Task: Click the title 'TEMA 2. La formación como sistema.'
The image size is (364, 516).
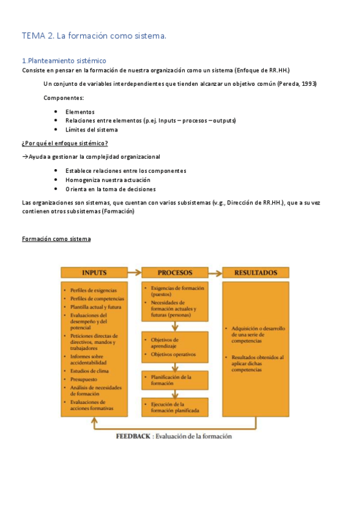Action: (x=94, y=37)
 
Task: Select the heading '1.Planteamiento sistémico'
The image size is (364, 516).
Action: (x=64, y=61)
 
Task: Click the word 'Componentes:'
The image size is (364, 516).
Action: (x=64, y=98)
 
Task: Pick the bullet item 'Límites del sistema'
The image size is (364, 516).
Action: (x=91, y=130)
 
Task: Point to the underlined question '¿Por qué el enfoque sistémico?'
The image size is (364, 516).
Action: (x=65, y=144)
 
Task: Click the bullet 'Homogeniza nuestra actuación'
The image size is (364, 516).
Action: (x=108, y=180)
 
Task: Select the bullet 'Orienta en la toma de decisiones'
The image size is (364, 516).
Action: (x=110, y=189)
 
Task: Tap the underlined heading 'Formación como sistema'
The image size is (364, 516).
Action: (x=56, y=239)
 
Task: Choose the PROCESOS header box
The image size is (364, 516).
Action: (x=175, y=273)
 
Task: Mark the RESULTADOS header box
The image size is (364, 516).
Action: (x=255, y=273)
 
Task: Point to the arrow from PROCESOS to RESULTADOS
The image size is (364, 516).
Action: (x=215, y=273)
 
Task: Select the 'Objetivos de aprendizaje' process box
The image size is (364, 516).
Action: (x=174, y=347)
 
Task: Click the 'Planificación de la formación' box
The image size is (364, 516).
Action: (x=174, y=380)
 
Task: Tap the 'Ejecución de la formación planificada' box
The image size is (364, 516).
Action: (x=174, y=407)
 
